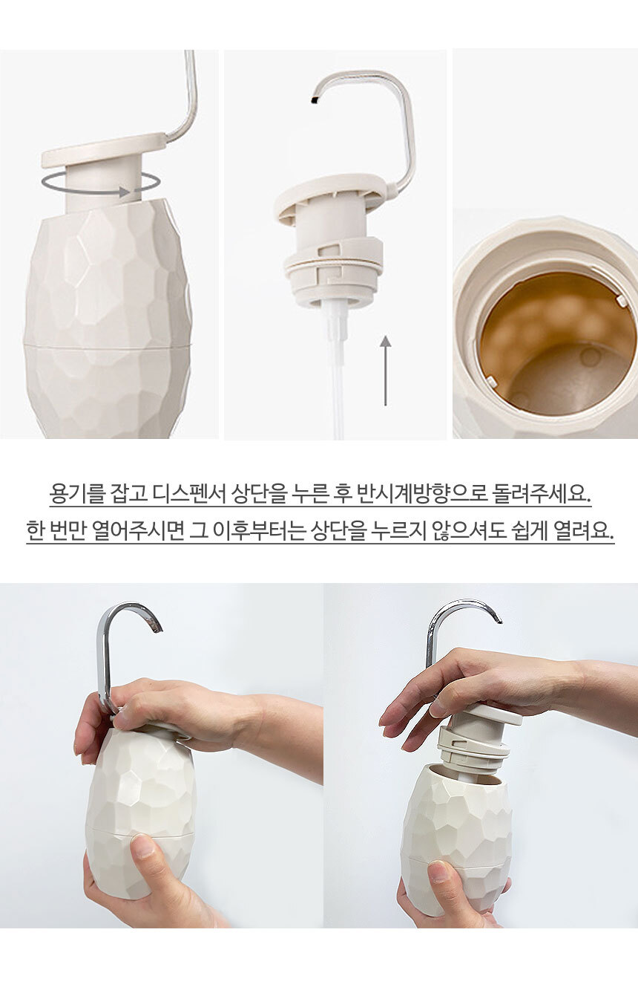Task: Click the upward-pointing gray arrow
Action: [x=386, y=371]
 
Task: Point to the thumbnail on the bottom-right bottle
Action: [x=441, y=871]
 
